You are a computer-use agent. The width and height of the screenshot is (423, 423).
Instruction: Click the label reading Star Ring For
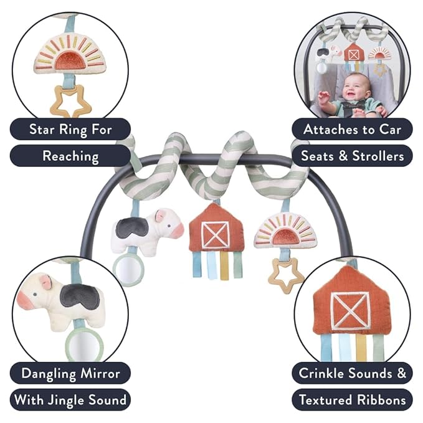coord(70,130)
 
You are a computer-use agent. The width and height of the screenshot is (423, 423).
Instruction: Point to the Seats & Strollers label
coord(353,156)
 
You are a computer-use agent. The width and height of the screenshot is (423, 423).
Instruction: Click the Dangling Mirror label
coord(70,373)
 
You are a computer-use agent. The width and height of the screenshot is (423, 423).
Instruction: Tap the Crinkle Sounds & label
coord(353,373)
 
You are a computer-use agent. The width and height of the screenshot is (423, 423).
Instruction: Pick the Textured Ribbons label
coord(353,399)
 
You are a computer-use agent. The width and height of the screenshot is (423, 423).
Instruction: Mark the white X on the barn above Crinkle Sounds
coord(349,310)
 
